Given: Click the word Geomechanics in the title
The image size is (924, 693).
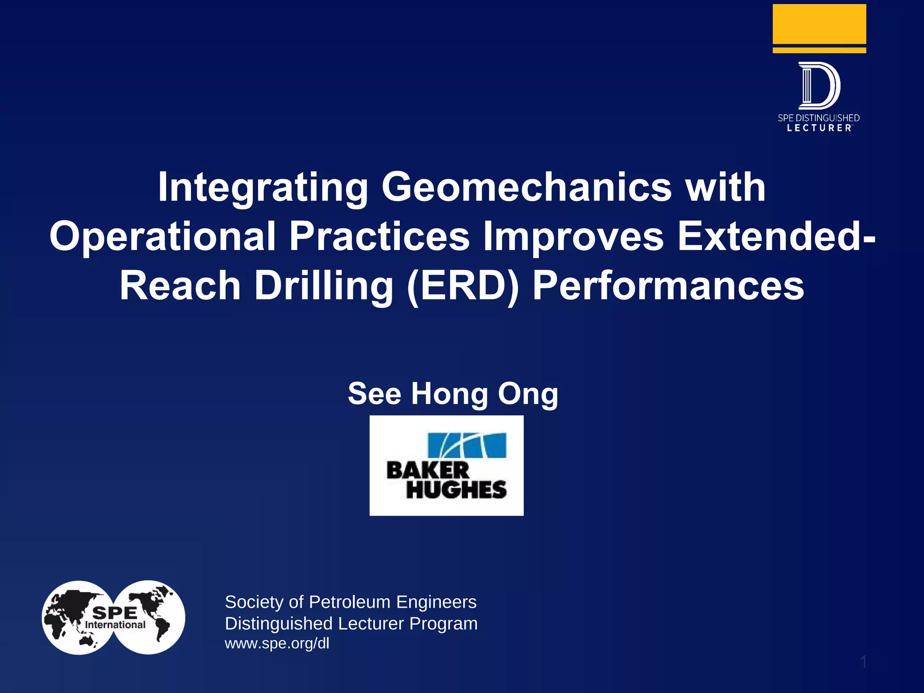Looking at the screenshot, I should click(527, 187).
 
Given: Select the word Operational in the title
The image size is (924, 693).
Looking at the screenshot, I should click(162, 236).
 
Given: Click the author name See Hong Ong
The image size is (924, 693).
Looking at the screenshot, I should click(453, 393).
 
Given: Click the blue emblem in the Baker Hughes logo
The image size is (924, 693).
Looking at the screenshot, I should click(467, 445).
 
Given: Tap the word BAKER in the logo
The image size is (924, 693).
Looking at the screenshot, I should click(428, 471).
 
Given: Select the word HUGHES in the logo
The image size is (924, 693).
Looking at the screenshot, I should click(456, 490).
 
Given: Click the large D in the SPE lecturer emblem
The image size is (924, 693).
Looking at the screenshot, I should click(819, 86).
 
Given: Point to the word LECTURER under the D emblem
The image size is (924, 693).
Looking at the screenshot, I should click(819, 128).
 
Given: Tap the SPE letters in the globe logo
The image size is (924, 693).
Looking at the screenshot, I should click(115, 613).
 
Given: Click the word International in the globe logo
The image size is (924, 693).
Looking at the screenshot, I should click(115, 625).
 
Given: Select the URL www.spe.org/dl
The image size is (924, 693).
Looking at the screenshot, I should click(277, 643).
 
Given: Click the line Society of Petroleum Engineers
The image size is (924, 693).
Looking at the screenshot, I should click(351, 602).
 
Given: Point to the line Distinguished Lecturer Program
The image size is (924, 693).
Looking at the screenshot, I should click(351, 624).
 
